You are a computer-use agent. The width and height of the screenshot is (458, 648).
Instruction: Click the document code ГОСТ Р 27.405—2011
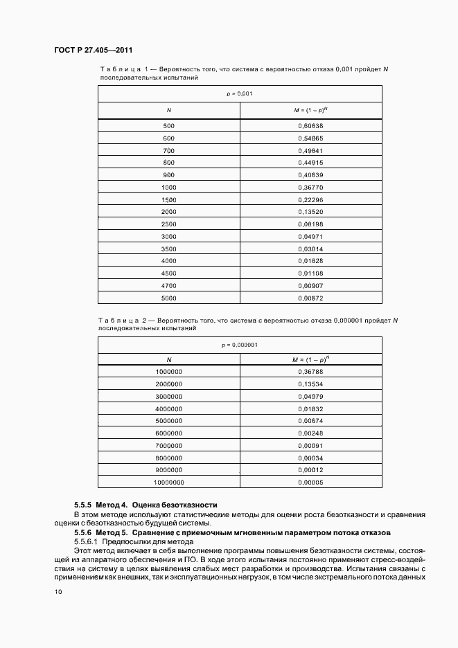[93, 51]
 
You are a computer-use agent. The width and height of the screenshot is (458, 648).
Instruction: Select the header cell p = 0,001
[239, 93]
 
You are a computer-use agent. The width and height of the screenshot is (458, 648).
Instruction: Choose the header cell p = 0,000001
[239, 345]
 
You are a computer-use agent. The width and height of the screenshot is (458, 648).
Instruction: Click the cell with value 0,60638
[310, 125]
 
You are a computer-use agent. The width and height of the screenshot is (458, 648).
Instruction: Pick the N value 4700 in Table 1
[169, 286]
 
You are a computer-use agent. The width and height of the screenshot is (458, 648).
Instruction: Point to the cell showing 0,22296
[310, 199]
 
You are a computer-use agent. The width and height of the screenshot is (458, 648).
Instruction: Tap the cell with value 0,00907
[310, 286]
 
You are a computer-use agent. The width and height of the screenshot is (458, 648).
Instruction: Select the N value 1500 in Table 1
[169, 199]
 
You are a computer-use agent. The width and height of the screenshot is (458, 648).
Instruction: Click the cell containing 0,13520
[310, 211]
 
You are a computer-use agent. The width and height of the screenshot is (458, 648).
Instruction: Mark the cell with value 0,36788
[310, 372]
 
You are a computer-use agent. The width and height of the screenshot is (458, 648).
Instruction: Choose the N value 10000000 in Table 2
[169, 483]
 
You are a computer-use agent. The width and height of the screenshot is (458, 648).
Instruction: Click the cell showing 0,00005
[310, 483]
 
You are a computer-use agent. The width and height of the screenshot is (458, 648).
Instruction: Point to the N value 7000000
[169, 446]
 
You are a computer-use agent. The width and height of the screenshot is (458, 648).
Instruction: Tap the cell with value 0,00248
[310, 433]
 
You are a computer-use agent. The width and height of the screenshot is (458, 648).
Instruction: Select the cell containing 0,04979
[310, 397]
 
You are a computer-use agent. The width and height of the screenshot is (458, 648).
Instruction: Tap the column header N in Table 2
[169, 360]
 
